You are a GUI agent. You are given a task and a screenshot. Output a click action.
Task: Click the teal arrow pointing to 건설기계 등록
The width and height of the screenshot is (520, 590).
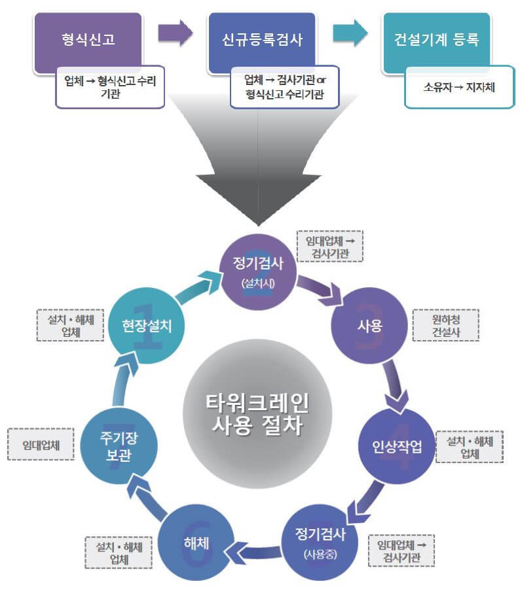[x=350, y=33]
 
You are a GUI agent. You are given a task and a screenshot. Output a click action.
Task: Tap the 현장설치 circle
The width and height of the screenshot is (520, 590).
[x=147, y=325]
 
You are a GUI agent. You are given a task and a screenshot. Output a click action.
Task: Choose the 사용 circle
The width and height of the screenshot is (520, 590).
[x=369, y=325]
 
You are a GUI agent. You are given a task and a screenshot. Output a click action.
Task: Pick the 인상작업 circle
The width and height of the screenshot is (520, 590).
[x=398, y=447]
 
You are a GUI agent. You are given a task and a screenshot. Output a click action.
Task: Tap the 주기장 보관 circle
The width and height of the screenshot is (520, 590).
[x=119, y=445]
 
